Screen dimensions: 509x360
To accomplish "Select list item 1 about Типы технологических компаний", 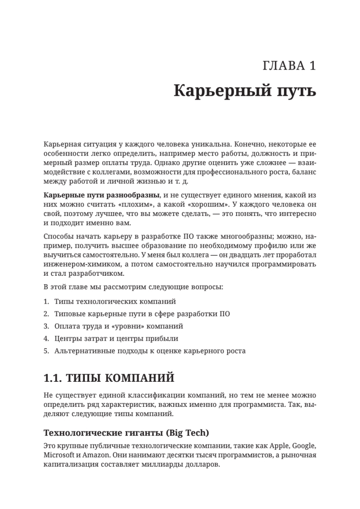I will click(115, 301).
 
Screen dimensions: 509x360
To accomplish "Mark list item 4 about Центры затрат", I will click(116, 338).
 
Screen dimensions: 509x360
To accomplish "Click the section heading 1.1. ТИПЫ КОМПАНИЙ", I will click(109, 378).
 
